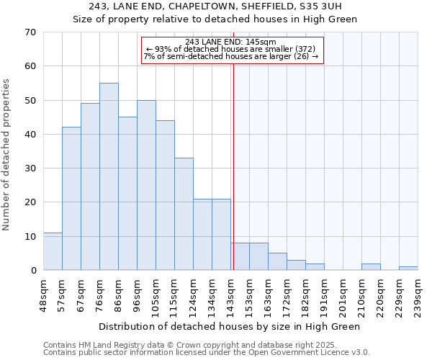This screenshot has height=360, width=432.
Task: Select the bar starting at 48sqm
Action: [x=53, y=251]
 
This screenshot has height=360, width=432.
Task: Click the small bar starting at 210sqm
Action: [x=371, y=266]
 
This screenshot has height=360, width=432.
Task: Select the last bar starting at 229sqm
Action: [x=408, y=269]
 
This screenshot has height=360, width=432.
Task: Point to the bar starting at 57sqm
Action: [x=71, y=199]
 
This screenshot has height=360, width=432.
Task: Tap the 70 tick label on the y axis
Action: [x=30, y=32]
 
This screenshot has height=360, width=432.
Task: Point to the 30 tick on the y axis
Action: [x=30, y=168]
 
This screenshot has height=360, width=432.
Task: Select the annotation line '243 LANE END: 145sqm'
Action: [x=230, y=42]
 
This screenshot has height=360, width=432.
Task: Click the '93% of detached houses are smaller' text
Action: [x=230, y=49]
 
